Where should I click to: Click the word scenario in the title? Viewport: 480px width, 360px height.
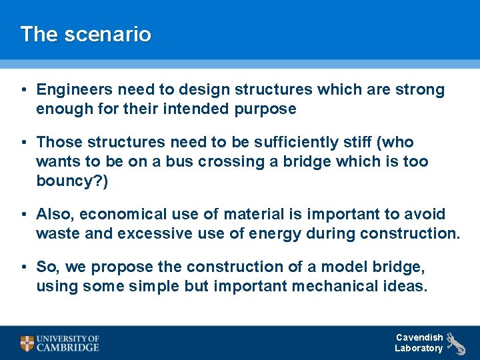pyautogui.click(x=107, y=34)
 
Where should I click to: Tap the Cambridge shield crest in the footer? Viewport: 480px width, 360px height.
pyautogui.click(x=27, y=343)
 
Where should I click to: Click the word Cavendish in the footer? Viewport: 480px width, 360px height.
pyautogui.click(x=419, y=337)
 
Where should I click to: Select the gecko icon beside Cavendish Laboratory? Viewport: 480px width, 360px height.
pyautogui.click(x=456, y=343)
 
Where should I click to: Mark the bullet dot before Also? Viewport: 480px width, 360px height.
pyautogui.click(x=23, y=214)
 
